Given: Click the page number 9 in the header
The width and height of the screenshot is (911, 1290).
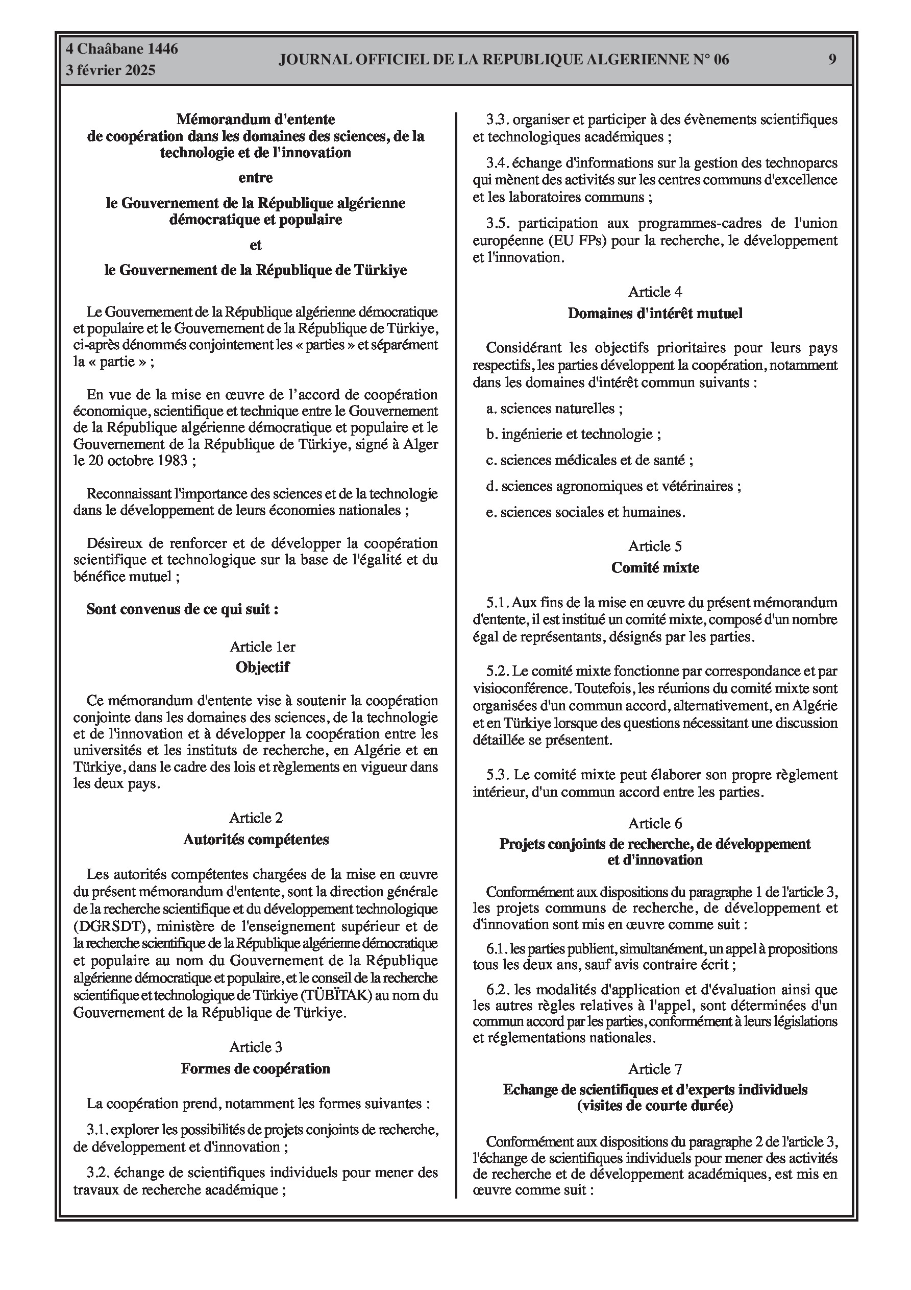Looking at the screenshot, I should (x=832, y=59).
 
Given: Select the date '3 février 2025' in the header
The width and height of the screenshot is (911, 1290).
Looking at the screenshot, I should (x=111, y=70).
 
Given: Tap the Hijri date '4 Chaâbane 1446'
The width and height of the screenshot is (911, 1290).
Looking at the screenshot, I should (x=122, y=50).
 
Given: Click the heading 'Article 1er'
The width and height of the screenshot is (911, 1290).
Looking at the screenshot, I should (x=262, y=647).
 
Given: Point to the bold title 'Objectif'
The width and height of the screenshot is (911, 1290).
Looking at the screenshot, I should (x=262, y=667).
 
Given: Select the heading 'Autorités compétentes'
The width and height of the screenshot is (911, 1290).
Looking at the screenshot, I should (x=256, y=840).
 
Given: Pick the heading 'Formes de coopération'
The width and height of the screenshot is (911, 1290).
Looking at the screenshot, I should (x=256, y=1069).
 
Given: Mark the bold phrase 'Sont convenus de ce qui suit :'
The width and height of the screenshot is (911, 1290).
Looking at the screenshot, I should (x=183, y=609).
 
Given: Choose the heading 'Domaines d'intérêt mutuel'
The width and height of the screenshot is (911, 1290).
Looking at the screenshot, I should (x=655, y=313).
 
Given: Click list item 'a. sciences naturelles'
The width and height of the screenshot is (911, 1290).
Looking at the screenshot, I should (x=554, y=409).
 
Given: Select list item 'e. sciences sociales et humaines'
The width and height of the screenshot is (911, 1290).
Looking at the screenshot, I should (x=586, y=512).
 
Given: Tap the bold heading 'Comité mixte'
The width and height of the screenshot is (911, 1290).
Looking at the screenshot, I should (x=655, y=567).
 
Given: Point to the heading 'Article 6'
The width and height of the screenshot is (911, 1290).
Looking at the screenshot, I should (x=655, y=823).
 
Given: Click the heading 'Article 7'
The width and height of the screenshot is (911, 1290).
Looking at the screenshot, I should (x=655, y=1069).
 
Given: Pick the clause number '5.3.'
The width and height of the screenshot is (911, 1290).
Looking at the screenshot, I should (x=497, y=775).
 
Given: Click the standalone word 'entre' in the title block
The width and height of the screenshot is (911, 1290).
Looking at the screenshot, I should (x=256, y=178).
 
